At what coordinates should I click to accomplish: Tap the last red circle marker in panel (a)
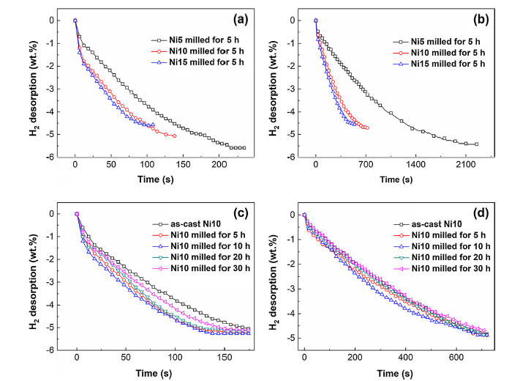[174, 136]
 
